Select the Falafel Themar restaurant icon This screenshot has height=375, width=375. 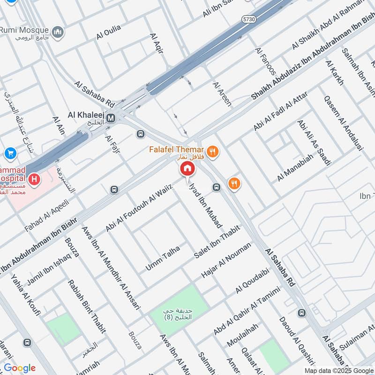(x=212, y=151)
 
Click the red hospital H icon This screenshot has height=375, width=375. (x=34, y=179)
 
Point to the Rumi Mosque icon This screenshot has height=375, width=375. (x=58, y=31)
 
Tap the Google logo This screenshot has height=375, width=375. (x=19, y=368)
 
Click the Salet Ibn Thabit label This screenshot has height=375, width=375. (x=217, y=242)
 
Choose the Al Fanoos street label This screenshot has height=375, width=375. (x=265, y=61)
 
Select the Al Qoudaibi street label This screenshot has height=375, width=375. (x=252, y=282)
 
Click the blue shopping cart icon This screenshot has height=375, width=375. (x=10, y=153)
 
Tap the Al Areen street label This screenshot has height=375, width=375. (x=222, y=94)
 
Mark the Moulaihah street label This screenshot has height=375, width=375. (x=242, y=335)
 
